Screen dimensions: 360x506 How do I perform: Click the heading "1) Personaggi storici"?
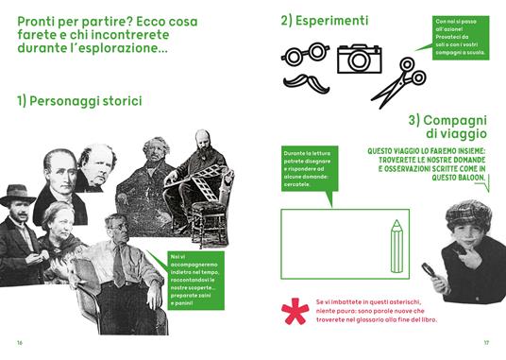(x=78, y=101)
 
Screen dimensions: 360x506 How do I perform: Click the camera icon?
(x=358, y=58)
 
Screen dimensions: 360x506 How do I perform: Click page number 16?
(x=20, y=341)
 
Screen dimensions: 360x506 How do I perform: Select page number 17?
(x=486, y=341)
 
